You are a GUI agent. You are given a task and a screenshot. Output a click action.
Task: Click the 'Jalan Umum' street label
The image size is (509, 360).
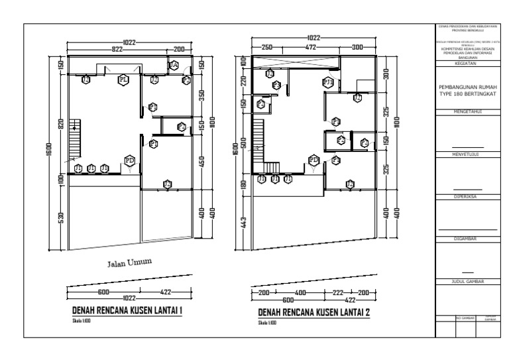point(130,263)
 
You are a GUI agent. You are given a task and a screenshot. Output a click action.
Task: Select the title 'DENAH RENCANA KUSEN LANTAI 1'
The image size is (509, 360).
point(128,312)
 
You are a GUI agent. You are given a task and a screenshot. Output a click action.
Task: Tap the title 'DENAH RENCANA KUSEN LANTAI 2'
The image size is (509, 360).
point(314,312)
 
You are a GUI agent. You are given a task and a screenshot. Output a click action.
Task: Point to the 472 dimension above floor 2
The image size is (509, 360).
point(310,48)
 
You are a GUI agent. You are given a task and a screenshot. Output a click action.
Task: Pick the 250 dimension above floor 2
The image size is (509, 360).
point(266,48)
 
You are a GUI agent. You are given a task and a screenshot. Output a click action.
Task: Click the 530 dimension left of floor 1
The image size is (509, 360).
point(60,217)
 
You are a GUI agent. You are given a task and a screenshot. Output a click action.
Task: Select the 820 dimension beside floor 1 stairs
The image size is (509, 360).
point(60,125)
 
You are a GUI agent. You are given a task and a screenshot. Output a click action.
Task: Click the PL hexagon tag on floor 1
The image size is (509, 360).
point(123,80)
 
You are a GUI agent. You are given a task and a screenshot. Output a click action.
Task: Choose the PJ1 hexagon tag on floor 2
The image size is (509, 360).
point(327,82)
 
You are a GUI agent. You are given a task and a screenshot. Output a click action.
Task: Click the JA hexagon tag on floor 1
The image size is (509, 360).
point(173,65)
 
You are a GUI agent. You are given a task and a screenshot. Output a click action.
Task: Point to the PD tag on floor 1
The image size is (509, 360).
point(130,160)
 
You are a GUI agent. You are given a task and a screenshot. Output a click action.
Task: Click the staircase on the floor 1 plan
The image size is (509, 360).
point(75,127)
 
